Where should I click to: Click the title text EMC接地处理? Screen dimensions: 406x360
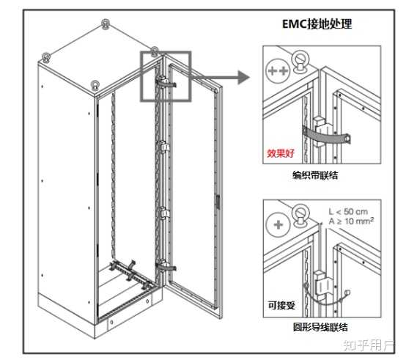click(x=317, y=24)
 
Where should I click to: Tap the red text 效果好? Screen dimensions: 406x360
click(x=281, y=153)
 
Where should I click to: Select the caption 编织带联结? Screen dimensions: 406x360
click(x=315, y=175)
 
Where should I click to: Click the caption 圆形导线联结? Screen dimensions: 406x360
click(x=320, y=327)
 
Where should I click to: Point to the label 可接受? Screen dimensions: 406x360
click(x=281, y=305)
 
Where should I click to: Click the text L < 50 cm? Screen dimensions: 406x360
click(x=348, y=212)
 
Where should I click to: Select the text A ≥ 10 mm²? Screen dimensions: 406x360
click(x=351, y=221)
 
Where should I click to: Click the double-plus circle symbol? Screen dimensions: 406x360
click(x=278, y=70)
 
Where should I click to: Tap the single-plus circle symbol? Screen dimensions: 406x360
click(x=278, y=224)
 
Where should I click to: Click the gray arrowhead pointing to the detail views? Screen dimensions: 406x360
click(x=243, y=78)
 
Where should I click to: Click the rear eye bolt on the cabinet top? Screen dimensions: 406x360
click(x=105, y=24)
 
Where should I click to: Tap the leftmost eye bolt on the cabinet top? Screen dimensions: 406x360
click(x=46, y=57)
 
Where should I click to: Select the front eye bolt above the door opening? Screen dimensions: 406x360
click(x=95, y=85)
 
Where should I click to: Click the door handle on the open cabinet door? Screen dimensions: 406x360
click(x=218, y=202)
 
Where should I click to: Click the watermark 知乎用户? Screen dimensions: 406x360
click(x=369, y=345)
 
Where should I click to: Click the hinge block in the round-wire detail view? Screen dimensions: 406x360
click(x=323, y=285)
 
